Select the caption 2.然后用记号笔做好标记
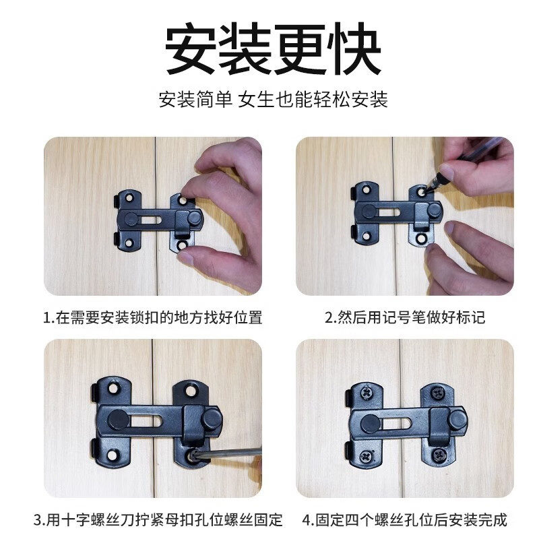(x=404, y=317)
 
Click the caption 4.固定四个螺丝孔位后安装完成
(x=404, y=520)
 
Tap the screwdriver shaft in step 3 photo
(x=229, y=453)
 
